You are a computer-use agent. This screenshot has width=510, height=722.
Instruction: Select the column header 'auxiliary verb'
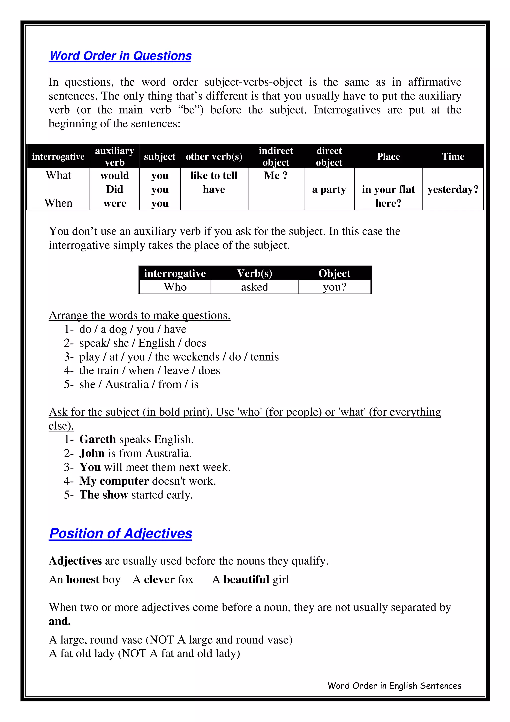(115, 157)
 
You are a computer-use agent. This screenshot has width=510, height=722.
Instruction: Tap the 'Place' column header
(388, 157)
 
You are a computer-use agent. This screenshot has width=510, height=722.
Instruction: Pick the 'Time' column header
(453, 157)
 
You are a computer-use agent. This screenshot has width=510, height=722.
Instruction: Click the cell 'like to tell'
(214, 175)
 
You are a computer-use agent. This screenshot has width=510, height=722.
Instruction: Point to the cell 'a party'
(329, 189)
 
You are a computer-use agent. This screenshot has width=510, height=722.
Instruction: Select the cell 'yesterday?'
(453, 189)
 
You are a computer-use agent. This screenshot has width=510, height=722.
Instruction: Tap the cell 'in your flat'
(388, 189)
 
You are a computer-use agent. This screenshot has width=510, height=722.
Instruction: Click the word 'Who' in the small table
(175, 287)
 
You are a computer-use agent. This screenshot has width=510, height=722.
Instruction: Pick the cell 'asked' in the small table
(255, 287)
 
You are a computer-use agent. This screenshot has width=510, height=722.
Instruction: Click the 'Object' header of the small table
(334, 273)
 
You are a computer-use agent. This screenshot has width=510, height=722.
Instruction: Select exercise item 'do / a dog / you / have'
(133, 329)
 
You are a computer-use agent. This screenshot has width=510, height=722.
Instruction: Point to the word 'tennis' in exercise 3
(264, 357)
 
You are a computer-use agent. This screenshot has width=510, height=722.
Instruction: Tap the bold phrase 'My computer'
(114, 481)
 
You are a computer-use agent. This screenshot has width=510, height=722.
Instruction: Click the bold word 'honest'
(83, 579)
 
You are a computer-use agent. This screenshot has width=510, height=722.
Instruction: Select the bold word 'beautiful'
(246, 579)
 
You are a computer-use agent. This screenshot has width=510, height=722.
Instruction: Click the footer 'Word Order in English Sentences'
(394, 686)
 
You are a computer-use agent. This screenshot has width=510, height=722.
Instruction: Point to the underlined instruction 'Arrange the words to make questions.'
(139, 315)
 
